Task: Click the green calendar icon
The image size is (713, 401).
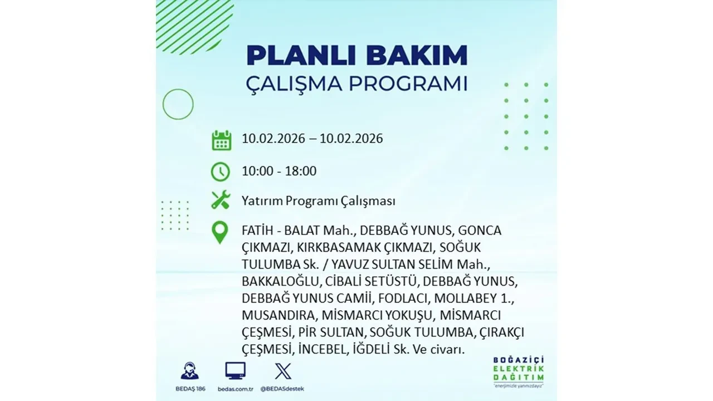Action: (x=221, y=140)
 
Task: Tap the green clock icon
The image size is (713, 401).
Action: (x=221, y=171)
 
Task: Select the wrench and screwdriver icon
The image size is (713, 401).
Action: (x=221, y=200)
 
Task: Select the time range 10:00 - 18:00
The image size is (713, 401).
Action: (x=279, y=171)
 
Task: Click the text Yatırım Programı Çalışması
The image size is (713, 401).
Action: (x=319, y=200)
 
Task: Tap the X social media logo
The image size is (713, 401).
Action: (x=283, y=371)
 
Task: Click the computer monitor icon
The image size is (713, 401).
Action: (x=235, y=371)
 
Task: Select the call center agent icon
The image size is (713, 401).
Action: (x=190, y=371)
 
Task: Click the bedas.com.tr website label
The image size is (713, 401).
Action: (x=235, y=388)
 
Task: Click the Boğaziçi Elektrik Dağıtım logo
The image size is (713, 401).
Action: (x=519, y=370)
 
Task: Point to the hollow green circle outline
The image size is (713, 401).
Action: (x=178, y=104)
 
